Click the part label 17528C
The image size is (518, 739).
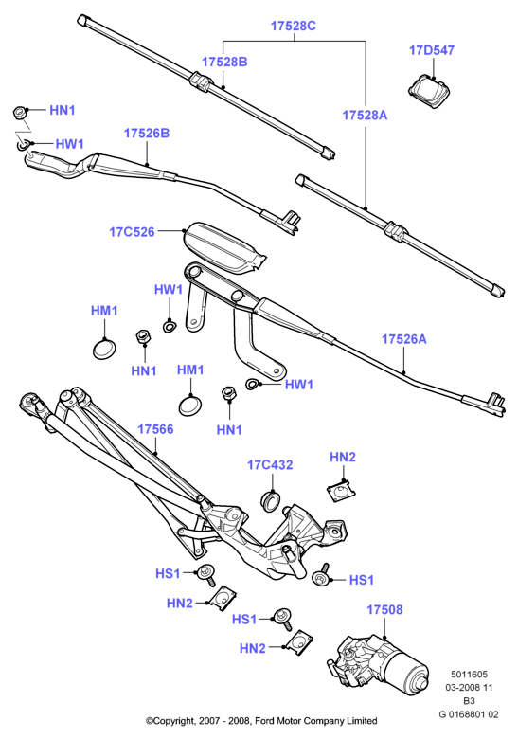293,26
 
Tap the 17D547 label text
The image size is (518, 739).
432,50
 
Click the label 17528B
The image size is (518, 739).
224,62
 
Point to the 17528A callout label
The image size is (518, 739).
364,115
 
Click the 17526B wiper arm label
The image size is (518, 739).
147,134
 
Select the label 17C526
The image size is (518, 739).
132,232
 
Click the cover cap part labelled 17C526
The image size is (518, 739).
224,247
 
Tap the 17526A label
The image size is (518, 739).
403,339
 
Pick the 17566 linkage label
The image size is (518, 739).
155,429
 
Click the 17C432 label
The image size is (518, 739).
270,465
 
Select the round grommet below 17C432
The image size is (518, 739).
271,500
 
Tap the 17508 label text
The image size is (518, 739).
384,610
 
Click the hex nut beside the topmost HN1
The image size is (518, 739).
19,112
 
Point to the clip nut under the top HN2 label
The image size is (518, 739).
341,491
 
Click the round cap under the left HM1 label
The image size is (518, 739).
103,349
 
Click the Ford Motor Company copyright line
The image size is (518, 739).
261,721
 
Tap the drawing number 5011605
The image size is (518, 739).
469,675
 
